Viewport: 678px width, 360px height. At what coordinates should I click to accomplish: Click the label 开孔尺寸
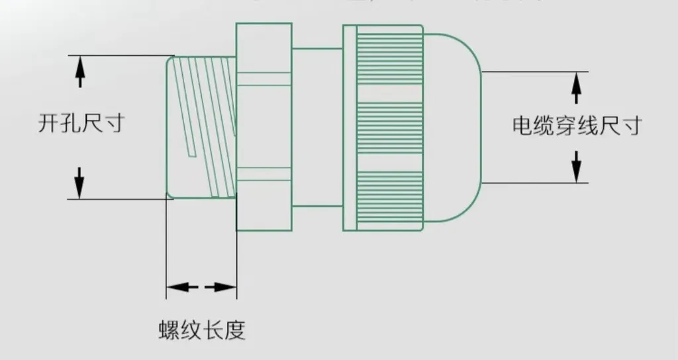80,124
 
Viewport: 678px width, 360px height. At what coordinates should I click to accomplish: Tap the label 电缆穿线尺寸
576,125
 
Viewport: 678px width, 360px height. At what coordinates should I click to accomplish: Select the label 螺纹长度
201,329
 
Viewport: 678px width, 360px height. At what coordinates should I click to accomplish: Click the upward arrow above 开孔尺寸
80,72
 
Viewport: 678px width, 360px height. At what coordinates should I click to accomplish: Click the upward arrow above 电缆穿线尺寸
576,87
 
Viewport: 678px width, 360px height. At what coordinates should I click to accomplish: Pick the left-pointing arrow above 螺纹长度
180,287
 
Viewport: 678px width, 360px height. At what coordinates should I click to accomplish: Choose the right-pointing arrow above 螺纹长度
222,287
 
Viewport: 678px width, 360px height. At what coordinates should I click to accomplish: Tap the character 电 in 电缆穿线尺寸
523,125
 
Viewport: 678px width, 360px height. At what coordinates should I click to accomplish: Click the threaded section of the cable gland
201,126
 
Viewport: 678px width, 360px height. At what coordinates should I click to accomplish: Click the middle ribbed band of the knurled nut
389,126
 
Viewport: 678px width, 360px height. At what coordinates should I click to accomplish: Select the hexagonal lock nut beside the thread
264,126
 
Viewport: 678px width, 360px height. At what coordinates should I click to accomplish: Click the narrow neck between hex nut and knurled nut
316,126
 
